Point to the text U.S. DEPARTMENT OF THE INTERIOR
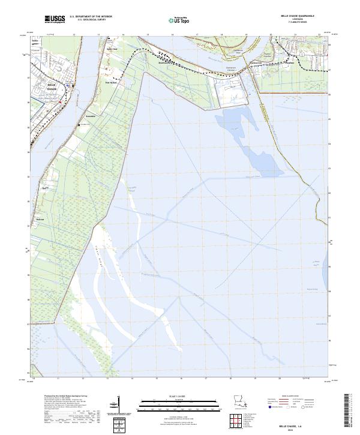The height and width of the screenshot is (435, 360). [91, 16]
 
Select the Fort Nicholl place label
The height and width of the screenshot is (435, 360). [110, 83]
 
